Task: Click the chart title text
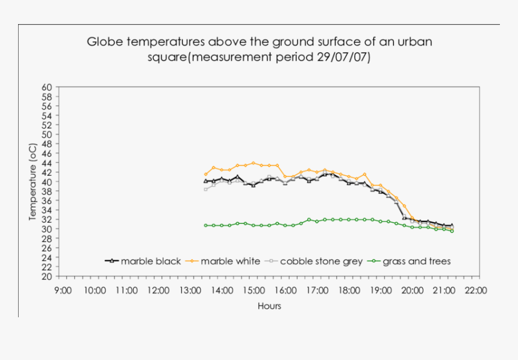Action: pyautogui.click(x=259, y=49)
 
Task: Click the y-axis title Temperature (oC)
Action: pyautogui.click(x=33, y=181)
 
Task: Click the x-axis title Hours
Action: pyautogui.click(x=269, y=306)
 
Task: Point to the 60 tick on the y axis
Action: pyautogui.click(x=47, y=87)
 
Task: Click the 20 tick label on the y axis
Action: pyautogui.click(x=47, y=276)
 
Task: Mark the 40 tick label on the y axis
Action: pyautogui.click(x=47, y=182)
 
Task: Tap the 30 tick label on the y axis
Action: pyautogui.click(x=47, y=229)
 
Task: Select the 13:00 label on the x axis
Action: pyautogui.click(x=190, y=290)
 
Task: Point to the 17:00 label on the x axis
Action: pyautogui.click(x=317, y=290)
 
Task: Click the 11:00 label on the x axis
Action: pyautogui.click(x=126, y=290)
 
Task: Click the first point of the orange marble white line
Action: pyautogui.click(x=205, y=174)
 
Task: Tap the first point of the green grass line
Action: pyautogui.click(x=205, y=225)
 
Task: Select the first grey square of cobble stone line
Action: pyautogui.click(x=205, y=189)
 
